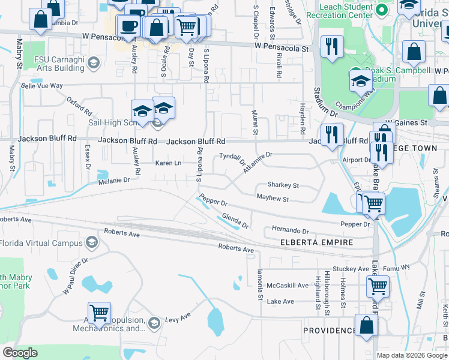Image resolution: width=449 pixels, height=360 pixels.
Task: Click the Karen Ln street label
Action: pos(169,163)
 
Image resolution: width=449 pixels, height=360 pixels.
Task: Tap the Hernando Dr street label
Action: pos(290,230)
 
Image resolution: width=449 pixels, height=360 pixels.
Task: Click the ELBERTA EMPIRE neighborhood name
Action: pos(317,243)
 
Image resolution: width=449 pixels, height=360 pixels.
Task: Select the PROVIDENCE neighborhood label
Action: pos(329,331)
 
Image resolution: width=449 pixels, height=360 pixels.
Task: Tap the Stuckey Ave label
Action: pos(351,269)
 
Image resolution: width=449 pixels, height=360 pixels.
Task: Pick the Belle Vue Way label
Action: pos(42,86)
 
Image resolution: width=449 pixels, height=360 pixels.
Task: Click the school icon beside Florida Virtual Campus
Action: pos(92,242)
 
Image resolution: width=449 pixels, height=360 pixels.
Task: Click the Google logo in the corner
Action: pos(20,353)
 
